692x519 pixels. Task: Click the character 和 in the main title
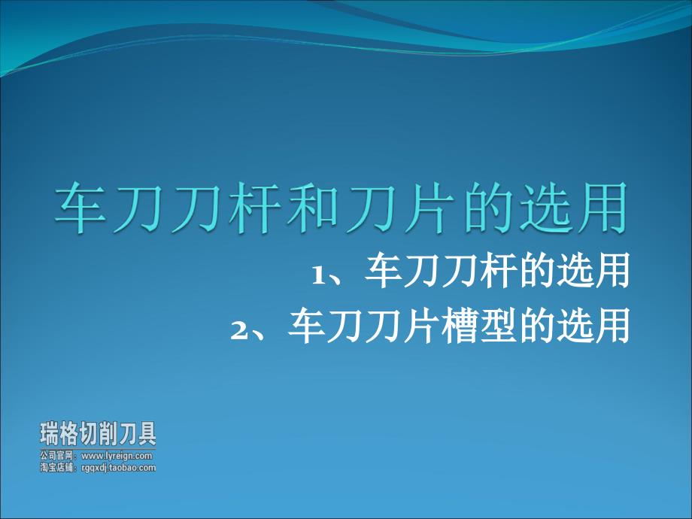[313, 208]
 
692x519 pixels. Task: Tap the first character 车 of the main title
[80, 208]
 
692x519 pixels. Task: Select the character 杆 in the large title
[255, 208]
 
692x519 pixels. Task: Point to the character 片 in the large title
[429, 208]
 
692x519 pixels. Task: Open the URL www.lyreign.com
[117, 456]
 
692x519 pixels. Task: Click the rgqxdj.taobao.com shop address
[119, 468]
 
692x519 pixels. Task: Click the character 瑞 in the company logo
[50, 434]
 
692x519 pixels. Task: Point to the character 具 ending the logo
[147, 434]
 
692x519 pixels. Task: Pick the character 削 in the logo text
[108, 434]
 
